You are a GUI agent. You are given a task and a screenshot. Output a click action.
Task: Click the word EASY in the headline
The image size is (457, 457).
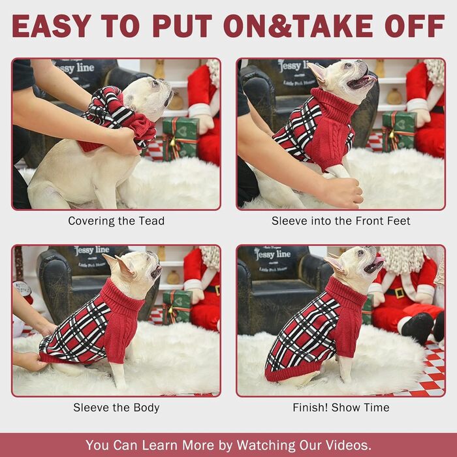52,25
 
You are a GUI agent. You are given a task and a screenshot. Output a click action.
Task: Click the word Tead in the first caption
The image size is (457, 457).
151,221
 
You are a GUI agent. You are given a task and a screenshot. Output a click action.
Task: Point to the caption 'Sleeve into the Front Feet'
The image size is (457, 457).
341,221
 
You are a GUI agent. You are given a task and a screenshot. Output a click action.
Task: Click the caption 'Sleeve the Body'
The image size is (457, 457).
116,407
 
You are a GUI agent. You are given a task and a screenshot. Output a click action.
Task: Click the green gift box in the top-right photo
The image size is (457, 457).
400,131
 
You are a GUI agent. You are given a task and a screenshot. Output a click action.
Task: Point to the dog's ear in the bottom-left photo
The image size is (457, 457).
124,264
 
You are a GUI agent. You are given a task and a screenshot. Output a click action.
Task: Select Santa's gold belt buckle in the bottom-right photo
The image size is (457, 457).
399,292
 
